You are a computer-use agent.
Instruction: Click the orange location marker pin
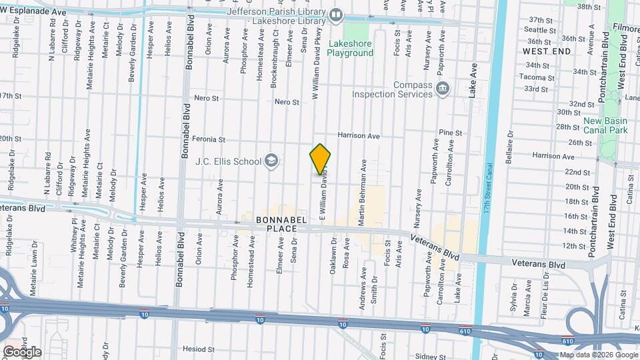coord(321,159)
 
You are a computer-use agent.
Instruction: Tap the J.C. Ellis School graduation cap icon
coord(271,160)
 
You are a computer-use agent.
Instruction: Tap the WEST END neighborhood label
coord(546,51)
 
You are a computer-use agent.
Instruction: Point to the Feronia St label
coord(209,139)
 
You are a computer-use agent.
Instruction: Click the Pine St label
coord(451,133)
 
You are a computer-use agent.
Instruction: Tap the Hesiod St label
coord(199,349)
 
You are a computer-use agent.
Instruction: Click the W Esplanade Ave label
coord(33,12)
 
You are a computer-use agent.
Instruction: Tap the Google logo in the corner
coord(22,351)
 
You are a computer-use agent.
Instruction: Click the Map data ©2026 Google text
coord(597,355)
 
